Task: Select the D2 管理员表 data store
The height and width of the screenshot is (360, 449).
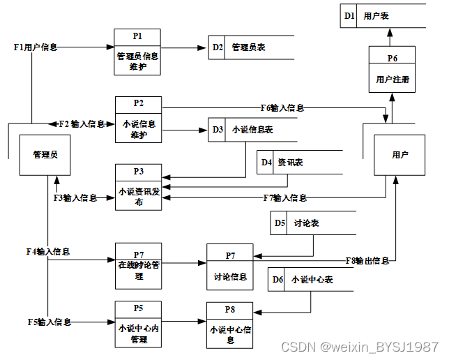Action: [251, 47]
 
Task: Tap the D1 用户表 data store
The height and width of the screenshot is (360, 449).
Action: [383, 15]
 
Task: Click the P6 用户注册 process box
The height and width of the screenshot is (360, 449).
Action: [392, 69]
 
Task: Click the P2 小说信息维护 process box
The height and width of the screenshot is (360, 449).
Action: [137, 119]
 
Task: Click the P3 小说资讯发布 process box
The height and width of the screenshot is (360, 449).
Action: [139, 186]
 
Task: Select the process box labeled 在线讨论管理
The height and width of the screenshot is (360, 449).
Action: [139, 266]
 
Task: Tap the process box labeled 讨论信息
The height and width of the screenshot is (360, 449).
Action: [229, 267]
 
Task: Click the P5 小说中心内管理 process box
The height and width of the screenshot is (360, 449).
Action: [139, 324]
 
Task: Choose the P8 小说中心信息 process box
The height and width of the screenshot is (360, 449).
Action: [229, 325]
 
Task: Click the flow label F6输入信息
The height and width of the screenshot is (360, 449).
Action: [282, 107]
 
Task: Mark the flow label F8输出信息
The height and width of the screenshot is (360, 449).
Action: [367, 261]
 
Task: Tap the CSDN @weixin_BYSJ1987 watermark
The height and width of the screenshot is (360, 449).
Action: [359, 347]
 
